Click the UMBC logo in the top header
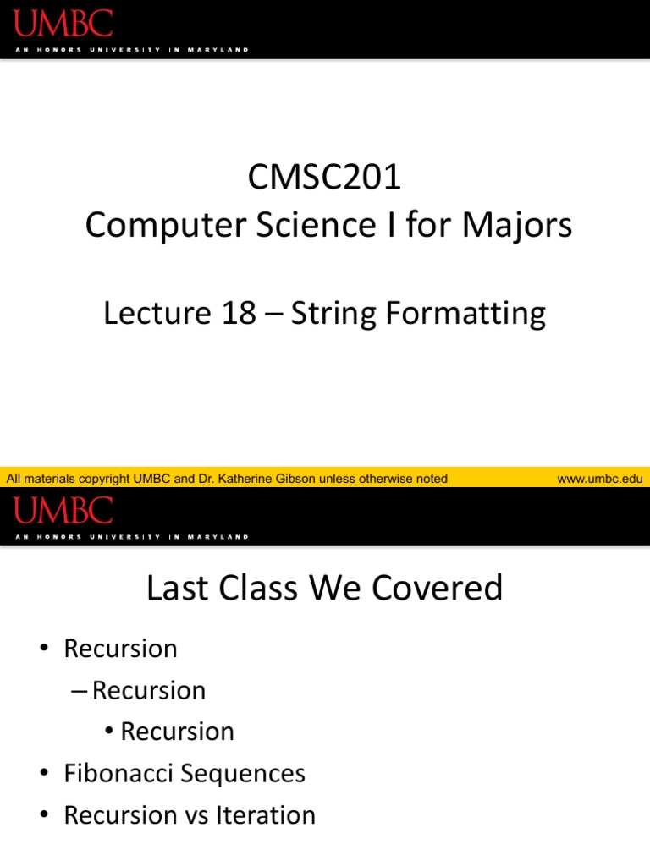click(x=63, y=23)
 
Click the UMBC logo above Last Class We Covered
click(x=63, y=510)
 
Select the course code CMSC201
click(x=325, y=178)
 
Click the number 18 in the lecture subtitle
click(x=238, y=314)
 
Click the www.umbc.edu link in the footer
click(x=600, y=479)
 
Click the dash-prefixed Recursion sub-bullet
click(x=148, y=690)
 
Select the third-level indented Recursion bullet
click(x=177, y=732)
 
